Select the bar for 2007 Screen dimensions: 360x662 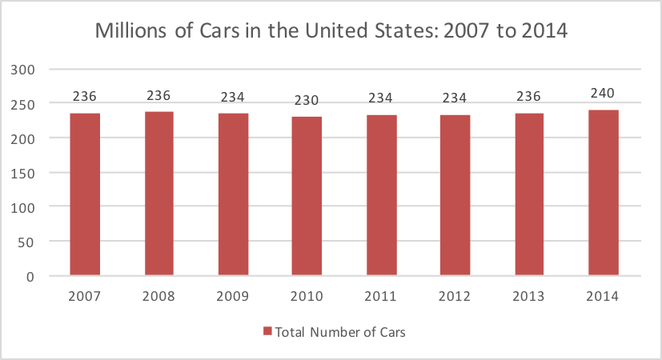(x=85, y=194)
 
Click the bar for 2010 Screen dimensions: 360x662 (x=307, y=196)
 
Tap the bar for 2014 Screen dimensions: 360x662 (x=603, y=193)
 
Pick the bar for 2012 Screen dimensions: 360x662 (x=455, y=195)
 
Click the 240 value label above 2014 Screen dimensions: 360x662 (x=603, y=93)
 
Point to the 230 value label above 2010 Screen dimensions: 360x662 (x=307, y=101)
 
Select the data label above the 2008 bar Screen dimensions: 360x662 (x=158, y=96)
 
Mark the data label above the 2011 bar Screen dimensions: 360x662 (x=381, y=98)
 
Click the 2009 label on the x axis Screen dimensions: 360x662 (x=233, y=296)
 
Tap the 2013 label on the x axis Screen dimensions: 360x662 (x=529, y=296)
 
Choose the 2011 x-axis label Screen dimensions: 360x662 (x=381, y=296)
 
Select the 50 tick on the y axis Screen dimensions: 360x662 (x=30, y=242)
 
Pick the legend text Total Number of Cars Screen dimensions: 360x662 (x=340, y=332)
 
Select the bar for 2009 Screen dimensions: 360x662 (x=233, y=194)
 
